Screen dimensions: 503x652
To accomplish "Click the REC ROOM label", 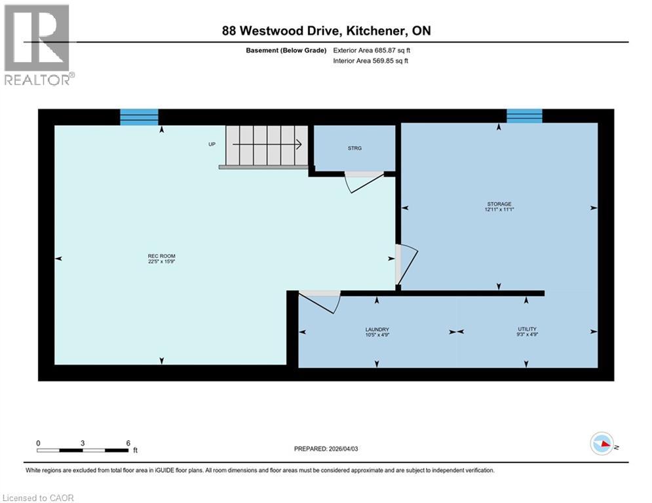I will [162, 259].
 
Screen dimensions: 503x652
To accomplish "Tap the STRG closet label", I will [355, 148].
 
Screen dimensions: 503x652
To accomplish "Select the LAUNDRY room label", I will [377, 332].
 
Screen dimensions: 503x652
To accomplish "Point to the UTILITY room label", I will [526, 332].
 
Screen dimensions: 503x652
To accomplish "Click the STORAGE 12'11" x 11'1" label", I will [499, 207].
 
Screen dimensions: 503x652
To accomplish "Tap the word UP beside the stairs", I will [212, 144].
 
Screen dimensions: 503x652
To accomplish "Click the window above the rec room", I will [139, 117].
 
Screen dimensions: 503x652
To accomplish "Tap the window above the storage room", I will [524, 116].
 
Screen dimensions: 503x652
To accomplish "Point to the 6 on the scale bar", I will [128, 443].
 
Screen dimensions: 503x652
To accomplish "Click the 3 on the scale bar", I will [83, 443].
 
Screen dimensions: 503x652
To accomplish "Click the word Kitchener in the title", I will [371, 31].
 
